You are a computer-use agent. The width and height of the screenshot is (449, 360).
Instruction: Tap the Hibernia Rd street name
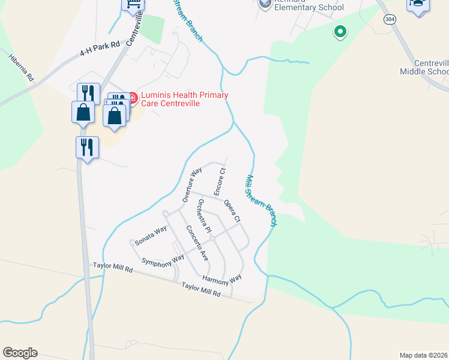pyautogui.click(x=22, y=69)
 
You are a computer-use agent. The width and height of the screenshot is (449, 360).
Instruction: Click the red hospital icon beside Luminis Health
pyautogui.click(x=133, y=95)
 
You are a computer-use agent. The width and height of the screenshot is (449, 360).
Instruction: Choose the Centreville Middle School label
pyautogui.click(x=424, y=67)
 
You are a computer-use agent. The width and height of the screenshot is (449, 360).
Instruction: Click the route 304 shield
pyautogui.click(x=390, y=20)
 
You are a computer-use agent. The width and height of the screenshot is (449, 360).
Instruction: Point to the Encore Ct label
pyautogui.click(x=219, y=181)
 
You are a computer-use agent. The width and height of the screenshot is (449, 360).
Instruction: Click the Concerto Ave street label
pyautogui.click(x=196, y=242)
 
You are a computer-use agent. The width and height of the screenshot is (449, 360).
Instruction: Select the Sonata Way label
pyautogui.click(x=151, y=235)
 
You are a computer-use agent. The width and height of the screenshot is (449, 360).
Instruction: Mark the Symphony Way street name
pyautogui.click(x=162, y=260)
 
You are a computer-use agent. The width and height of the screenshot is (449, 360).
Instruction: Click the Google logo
pyautogui.click(x=20, y=353)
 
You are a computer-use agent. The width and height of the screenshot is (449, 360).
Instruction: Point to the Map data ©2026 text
pyautogui.click(x=423, y=355)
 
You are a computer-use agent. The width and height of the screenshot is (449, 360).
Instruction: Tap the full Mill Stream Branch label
pyautogui.click(x=262, y=200)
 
